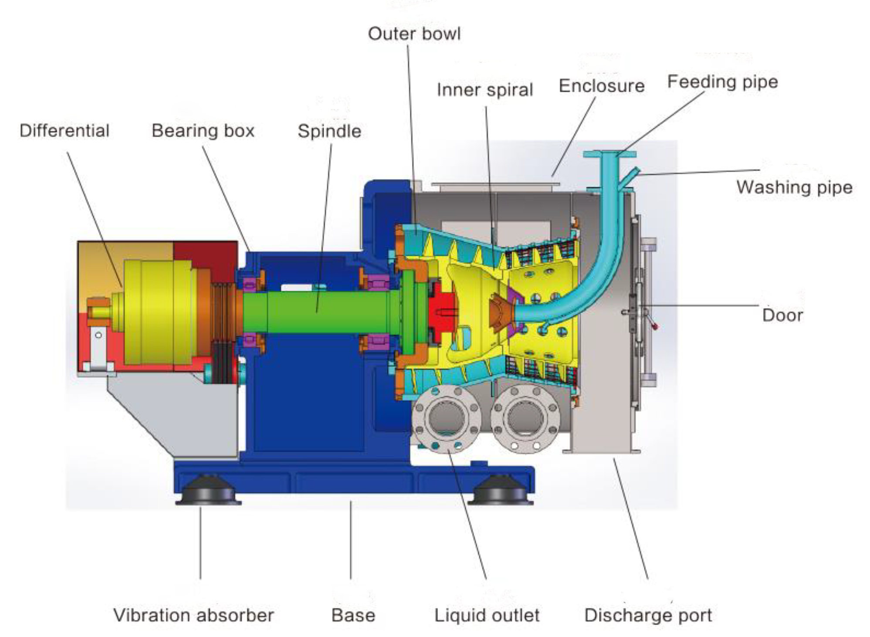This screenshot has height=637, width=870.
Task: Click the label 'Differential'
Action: [64, 131]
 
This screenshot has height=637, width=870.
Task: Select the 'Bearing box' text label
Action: [203, 131]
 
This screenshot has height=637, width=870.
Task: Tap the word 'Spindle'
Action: [329, 131]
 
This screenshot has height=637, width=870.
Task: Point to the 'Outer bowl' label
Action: [414, 34]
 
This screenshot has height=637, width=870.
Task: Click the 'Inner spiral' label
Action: [484, 90]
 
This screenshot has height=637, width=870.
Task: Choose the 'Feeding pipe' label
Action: [722, 82]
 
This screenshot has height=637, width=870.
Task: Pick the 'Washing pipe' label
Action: [794, 187]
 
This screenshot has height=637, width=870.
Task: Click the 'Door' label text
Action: [782, 315]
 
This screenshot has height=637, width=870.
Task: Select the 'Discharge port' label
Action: [648, 615]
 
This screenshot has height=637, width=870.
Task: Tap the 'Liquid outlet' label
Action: [487, 615]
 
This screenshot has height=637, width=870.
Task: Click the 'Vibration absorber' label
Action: [193, 615]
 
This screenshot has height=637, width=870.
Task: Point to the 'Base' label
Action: [353, 615]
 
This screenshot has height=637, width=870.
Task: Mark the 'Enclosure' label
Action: [601, 86]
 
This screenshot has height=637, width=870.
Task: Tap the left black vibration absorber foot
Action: [208, 491]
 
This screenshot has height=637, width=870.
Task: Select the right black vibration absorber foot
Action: [500, 491]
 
